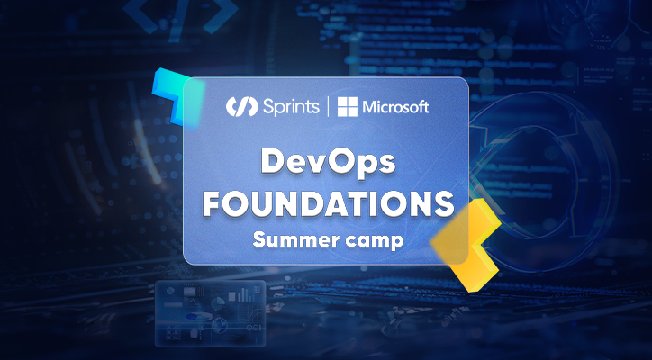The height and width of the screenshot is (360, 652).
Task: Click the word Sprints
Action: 291,107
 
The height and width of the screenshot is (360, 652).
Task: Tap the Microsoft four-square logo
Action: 348,107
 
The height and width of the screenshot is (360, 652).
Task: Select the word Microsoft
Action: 395,107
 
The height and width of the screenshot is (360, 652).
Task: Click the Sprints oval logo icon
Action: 242,106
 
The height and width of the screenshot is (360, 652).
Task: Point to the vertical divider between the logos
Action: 328,106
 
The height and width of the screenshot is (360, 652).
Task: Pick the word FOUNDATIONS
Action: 328,204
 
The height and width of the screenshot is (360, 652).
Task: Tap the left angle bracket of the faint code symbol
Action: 141,16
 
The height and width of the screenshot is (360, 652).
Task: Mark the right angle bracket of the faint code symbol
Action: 221,16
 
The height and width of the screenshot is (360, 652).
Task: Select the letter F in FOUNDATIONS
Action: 213,204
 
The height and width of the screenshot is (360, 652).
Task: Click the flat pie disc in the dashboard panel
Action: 193,317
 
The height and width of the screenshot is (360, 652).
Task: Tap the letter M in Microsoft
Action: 369,108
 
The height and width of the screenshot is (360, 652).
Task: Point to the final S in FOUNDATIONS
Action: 443,204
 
